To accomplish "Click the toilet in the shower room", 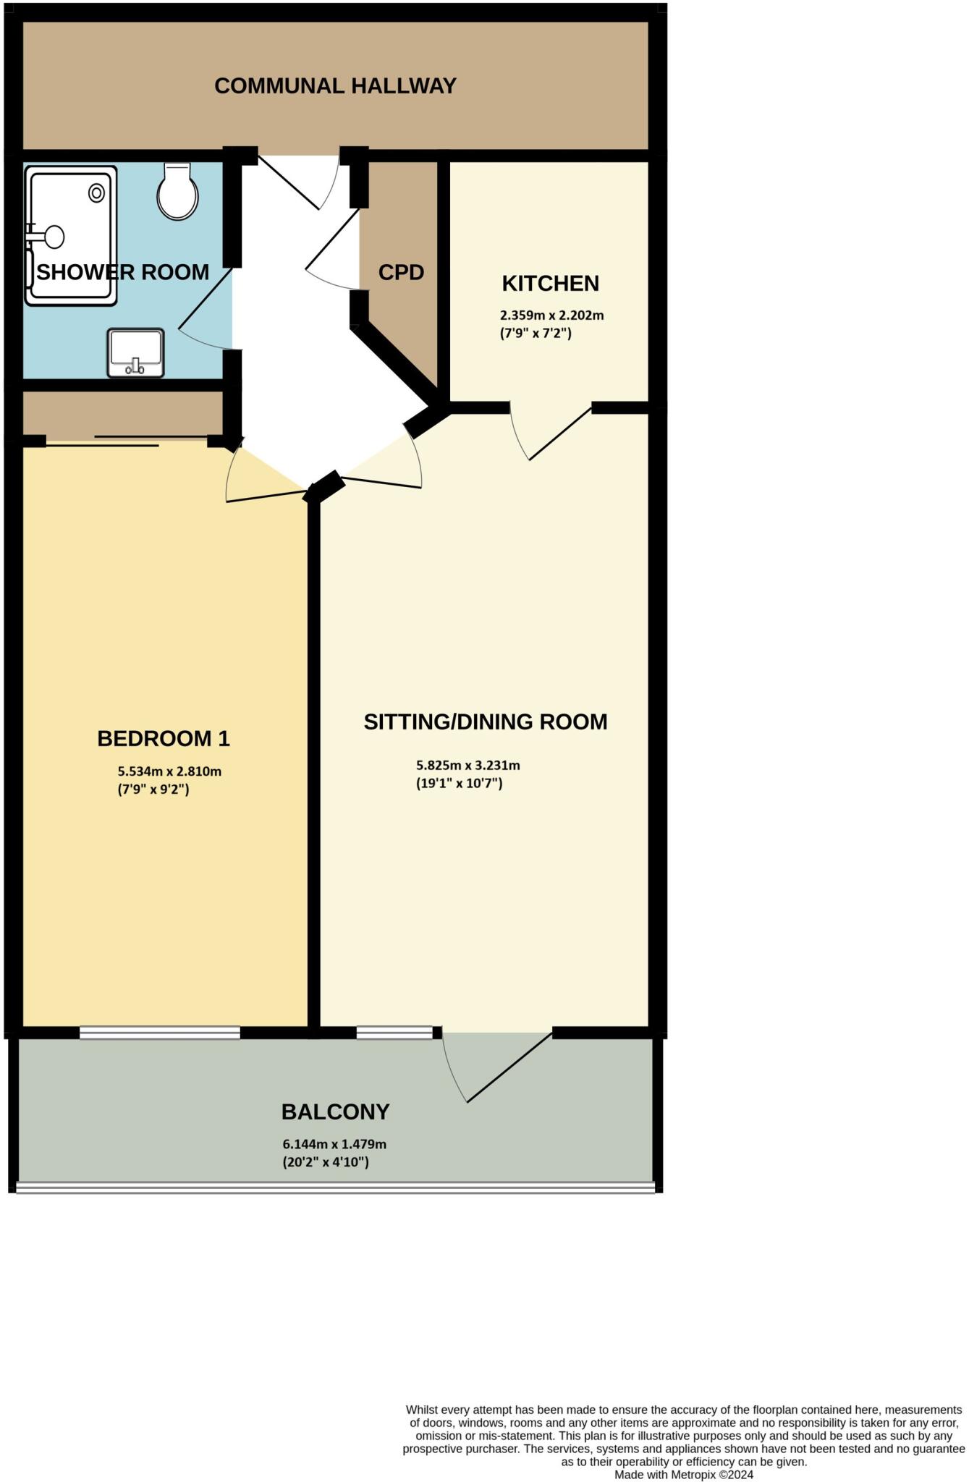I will point(178,192).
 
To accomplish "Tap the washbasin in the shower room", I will point(135,352).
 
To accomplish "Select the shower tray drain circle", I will point(96,192).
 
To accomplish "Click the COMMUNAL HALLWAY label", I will point(335,86).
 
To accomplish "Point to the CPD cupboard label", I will point(401,273).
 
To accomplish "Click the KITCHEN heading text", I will point(550,283).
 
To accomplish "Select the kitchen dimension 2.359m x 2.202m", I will point(551,316).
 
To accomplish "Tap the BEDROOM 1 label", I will point(164,739).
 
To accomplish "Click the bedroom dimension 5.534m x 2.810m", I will point(169,771).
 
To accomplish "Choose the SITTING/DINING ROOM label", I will point(485,721).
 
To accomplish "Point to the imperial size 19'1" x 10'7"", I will point(459,783).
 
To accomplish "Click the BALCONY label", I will point(335,1111).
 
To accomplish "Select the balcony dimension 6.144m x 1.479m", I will point(334,1144).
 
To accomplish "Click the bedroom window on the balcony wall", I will point(159,1033).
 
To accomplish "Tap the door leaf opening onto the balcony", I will point(509,1067).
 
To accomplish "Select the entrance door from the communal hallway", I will point(289,182).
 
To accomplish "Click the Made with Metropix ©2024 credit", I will point(684,1474).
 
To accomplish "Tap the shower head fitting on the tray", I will point(53,236).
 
